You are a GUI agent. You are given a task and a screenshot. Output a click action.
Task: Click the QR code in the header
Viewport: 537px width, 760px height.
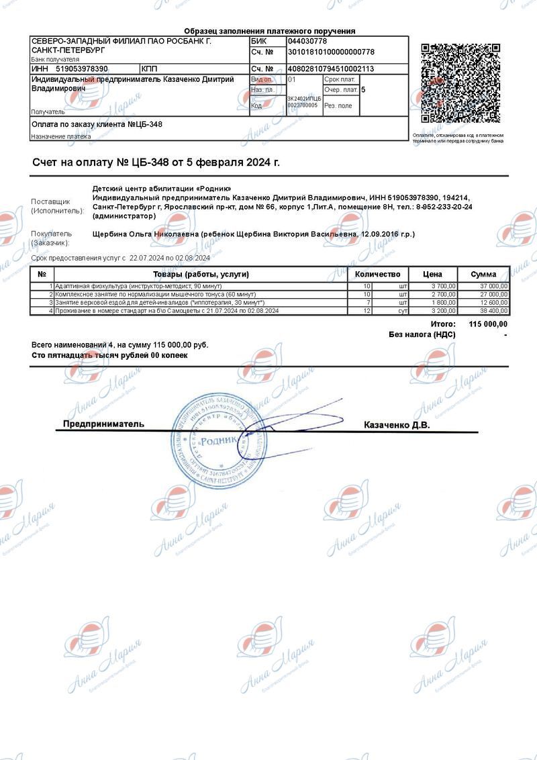pos(460,83)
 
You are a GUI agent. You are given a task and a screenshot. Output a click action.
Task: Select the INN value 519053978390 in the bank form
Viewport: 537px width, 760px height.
pos(82,68)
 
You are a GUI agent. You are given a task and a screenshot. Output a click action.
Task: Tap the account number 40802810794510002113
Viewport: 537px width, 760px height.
pos(330,68)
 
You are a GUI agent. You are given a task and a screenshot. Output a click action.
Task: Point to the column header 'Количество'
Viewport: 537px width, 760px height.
pos(377,274)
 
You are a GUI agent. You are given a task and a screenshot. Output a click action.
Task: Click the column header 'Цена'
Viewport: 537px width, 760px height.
pos(432,274)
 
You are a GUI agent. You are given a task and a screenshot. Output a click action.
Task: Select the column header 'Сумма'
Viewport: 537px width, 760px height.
pos(483,274)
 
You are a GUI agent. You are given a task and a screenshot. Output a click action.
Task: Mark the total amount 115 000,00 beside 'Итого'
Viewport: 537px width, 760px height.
pos(488,324)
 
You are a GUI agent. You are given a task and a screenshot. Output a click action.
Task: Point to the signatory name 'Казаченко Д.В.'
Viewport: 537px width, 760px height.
pos(396,425)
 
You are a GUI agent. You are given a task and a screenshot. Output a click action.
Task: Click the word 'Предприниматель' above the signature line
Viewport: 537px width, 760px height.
pos(103,424)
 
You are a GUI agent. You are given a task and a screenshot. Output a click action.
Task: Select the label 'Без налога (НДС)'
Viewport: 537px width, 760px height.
pos(422,334)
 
